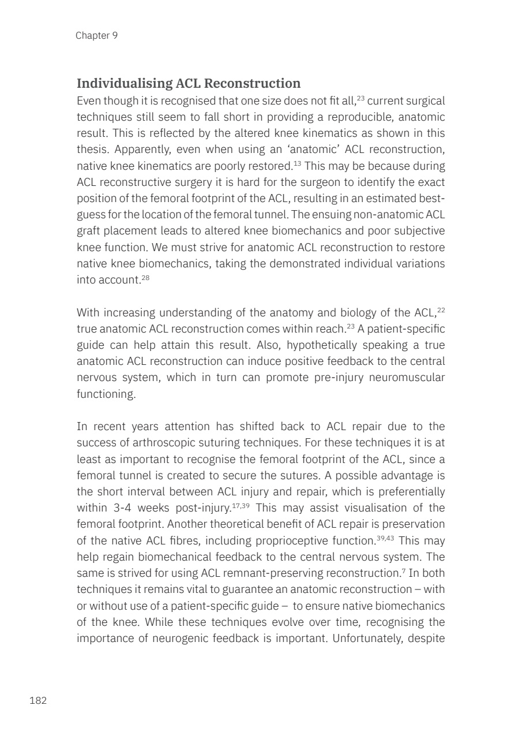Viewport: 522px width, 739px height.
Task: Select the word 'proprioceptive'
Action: [294, 542]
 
